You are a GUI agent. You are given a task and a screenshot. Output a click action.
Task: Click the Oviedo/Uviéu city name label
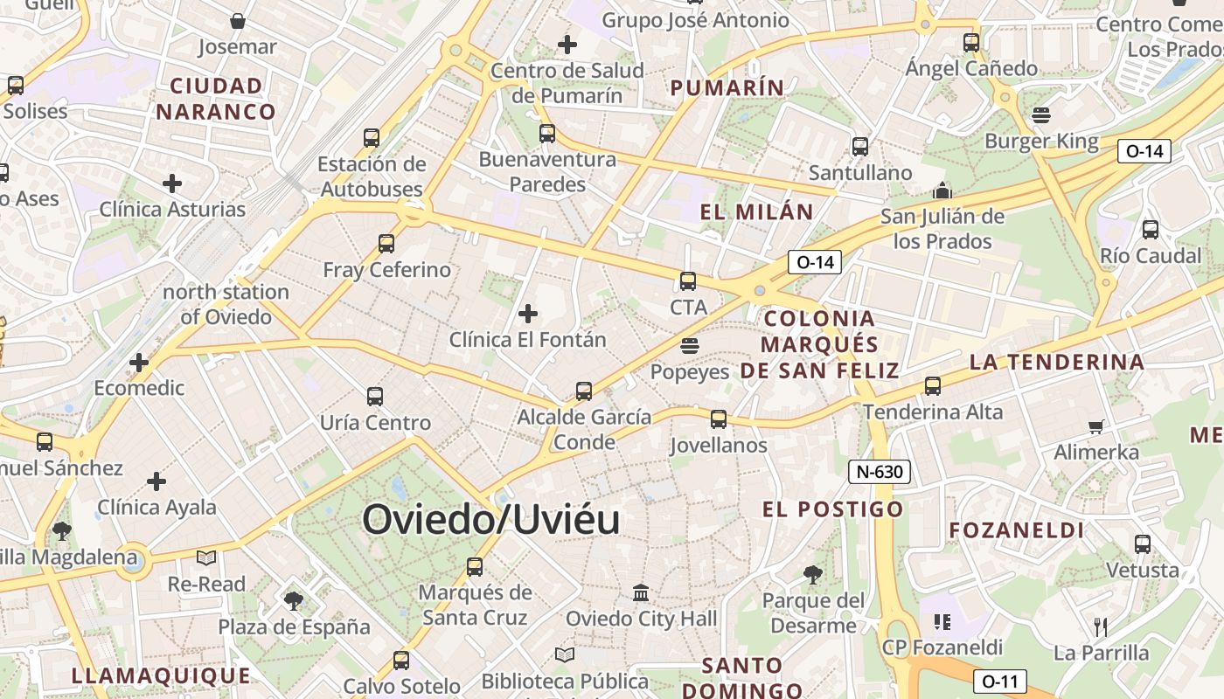[490, 520]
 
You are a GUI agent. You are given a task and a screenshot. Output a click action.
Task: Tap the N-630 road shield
[880, 473]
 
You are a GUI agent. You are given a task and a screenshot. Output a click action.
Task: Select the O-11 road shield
[1000, 681]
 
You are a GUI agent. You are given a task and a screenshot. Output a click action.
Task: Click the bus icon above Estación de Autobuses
[372, 137]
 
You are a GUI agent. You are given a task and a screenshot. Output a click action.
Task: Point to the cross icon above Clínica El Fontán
[528, 313]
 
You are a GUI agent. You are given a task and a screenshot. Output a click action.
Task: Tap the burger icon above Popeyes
[690, 345]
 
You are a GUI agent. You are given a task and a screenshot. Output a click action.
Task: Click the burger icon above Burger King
[1040, 114]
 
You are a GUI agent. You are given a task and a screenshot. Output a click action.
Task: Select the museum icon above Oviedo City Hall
[641, 593]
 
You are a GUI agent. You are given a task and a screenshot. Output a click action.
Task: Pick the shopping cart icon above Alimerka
[1096, 426]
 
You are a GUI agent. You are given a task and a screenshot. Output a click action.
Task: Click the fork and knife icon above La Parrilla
[1101, 626]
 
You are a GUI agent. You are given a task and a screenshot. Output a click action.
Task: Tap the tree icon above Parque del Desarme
[813, 574]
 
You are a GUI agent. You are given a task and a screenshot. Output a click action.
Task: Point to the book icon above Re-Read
[206, 557]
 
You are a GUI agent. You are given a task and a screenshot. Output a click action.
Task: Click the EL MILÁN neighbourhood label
[757, 211]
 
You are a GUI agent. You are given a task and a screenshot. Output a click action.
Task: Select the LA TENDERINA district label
[1057, 362]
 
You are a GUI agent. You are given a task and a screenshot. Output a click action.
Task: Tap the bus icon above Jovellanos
[719, 419]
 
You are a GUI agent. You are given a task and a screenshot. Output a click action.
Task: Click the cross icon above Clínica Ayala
[156, 481]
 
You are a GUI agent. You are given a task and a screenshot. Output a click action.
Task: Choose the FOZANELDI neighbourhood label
[1017, 530]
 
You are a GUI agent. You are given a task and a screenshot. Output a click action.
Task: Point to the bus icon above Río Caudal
[1151, 230]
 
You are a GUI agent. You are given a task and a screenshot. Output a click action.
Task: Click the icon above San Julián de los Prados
[942, 190]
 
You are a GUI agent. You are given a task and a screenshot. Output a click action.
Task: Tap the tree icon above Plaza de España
[294, 600]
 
